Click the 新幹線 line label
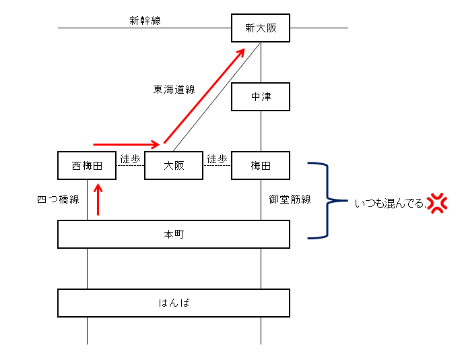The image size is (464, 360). point(145,20)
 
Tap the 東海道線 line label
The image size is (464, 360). point(174,89)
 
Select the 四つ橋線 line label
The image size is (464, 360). point(59,200)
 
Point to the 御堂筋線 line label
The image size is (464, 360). point(290,200)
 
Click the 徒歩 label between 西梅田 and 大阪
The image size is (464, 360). point(130,159)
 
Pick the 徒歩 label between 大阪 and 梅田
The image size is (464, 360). point(218,159)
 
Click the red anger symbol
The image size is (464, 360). point(437,203)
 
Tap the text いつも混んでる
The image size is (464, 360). point(390,204)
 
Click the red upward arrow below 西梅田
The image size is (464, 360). point(98,199)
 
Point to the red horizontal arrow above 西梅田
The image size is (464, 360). point(127,144)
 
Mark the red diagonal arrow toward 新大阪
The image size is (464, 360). point(204,96)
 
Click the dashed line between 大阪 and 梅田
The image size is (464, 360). point(218,165)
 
